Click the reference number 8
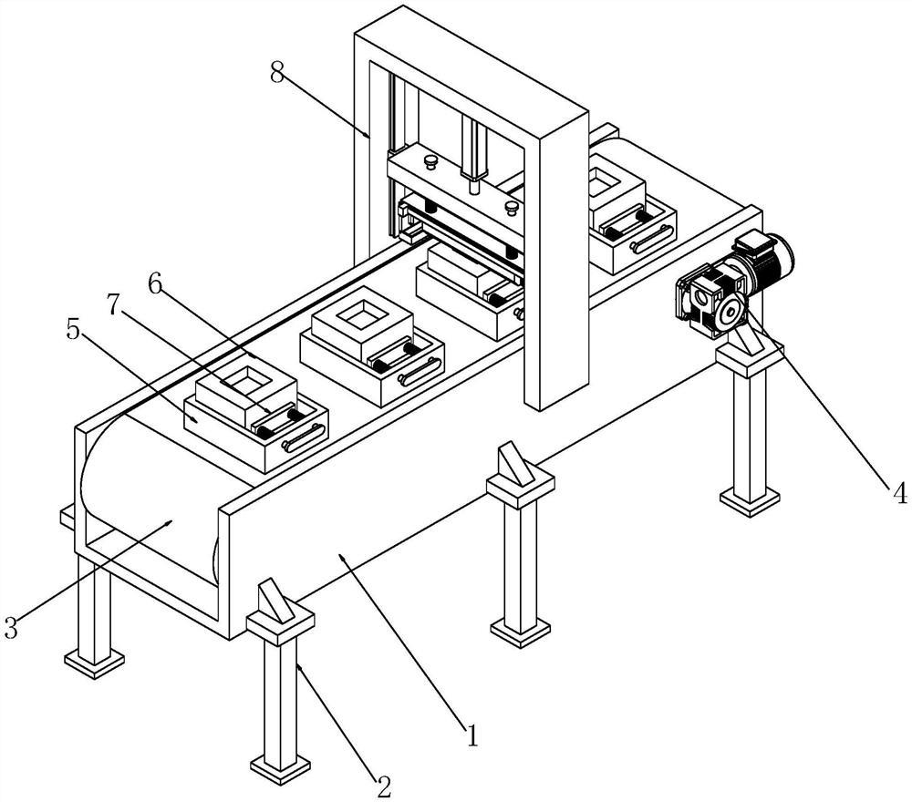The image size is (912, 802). [x=277, y=73]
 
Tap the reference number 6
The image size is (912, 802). [x=155, y=284]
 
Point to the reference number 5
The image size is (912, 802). [x=73, y=331]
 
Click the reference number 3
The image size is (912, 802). [x=12, y=627]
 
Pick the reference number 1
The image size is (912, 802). [x=472, y=735]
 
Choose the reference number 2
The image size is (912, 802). [x=384, y=787]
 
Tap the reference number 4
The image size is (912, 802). [x=899, y=493]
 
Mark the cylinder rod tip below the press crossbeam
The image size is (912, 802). [x=474, y=188]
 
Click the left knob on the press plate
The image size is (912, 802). [x=431, y=161]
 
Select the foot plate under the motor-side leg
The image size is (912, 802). [x=749, y=500]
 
